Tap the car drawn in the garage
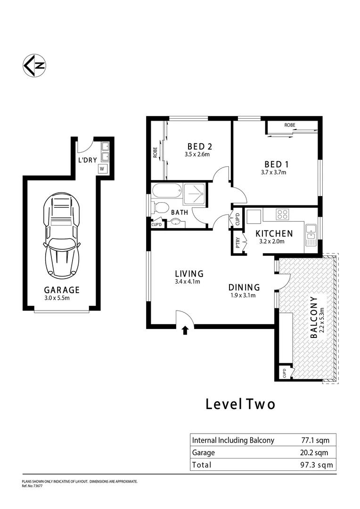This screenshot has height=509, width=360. point(61,237)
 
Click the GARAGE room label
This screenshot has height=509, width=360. point(62,290)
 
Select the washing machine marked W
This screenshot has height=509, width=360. point(102,169)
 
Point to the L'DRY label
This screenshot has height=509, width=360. point(87,160)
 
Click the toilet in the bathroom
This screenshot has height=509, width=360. point(161,207)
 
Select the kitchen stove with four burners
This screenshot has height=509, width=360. point(283,214)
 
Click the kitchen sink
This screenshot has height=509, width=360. point(311,235)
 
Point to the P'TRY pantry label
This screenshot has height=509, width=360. point(238,243)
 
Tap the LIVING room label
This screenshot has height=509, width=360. point(189,273)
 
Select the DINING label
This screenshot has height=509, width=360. point(244,287)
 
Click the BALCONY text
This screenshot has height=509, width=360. point(314,318)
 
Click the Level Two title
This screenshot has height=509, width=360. point(240,404)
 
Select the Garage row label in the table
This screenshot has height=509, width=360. point(204,452)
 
